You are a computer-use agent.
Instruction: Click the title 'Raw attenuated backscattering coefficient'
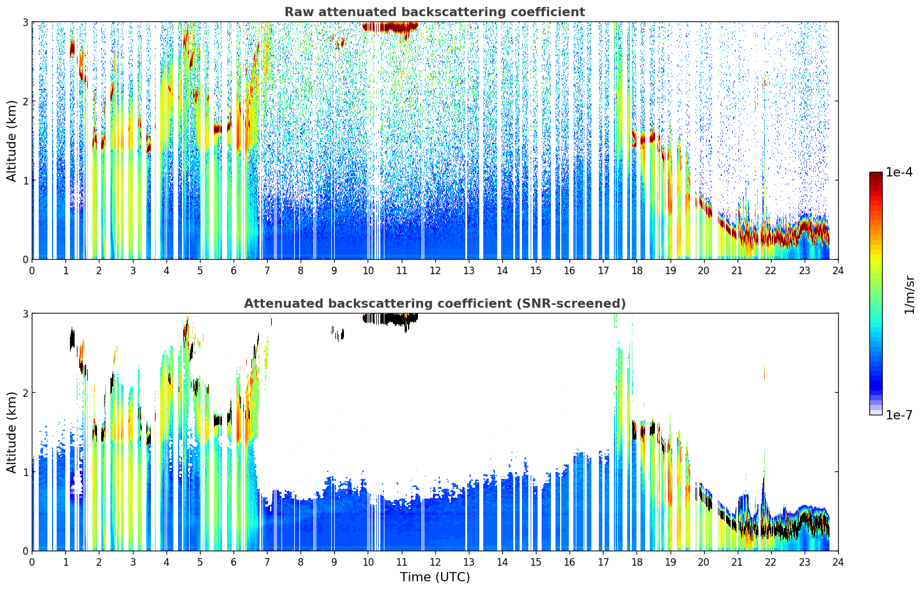[434, 12]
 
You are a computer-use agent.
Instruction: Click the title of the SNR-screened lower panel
[434, 304]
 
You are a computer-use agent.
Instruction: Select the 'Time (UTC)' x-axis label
[435, 577]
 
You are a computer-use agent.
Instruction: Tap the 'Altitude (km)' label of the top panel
[12, 141]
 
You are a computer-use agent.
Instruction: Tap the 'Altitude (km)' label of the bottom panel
[12, 432]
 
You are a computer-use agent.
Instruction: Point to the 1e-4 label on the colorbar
[899, 172]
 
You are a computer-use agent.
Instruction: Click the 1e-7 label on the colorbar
[899, 415]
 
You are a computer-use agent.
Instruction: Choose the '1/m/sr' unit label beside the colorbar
[909, 294]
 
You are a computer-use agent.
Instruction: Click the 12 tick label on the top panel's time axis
[435, 270]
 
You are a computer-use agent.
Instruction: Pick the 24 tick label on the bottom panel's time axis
[838, 562]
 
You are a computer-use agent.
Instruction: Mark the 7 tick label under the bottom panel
[267, 562]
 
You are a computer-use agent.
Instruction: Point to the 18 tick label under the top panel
[636, 270]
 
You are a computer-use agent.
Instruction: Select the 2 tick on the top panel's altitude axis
[25, 101]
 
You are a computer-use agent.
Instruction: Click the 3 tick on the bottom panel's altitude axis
[25, 314]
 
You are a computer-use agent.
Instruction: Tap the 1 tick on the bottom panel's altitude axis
[25, 471]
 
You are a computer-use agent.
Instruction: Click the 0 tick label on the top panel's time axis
[32, 270]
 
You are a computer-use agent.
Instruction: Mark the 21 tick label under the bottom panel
[737, 562]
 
